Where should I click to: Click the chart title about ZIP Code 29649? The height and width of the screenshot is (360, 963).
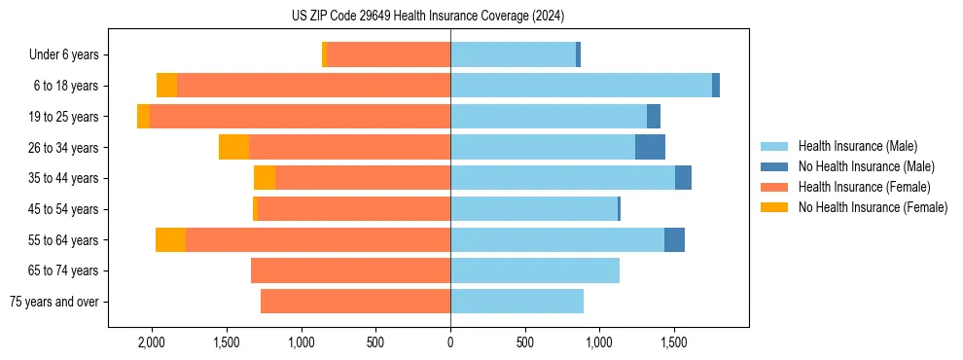click(x=427, y=16)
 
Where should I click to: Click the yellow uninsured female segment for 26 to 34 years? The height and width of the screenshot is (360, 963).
click(x=233, y=147)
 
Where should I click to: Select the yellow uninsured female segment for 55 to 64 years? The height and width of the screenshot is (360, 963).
click(x=170, y=239)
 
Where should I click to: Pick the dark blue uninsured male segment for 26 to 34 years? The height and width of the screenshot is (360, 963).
click(x=650, y=147)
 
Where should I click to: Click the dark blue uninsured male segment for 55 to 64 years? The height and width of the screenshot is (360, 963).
click(x=674, y=239)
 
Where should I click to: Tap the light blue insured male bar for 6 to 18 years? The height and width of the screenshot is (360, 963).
click(x=581, y=86)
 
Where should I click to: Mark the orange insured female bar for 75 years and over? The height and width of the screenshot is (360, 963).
click(x=355, y=302)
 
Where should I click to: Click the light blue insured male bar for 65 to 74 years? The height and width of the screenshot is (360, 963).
click(x=535, y=270)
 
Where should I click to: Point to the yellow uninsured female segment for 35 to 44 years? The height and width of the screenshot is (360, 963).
click(x=265, y=178)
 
